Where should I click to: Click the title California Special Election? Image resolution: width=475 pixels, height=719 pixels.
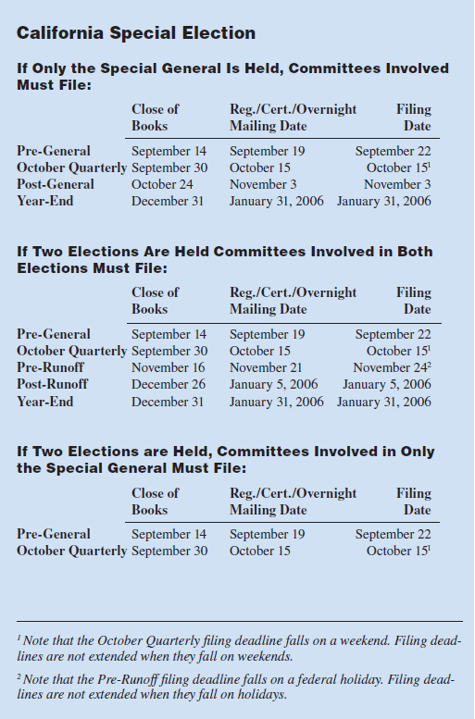(x=136, y=33)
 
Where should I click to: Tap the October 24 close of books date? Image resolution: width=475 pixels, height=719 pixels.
(x=162, y=184)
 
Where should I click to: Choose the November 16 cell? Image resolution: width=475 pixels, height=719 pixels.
(x=169, y=367)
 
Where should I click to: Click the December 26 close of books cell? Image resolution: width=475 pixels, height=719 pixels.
(x=169, y=384)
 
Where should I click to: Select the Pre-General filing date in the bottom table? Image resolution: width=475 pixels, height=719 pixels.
(x=393, y=534)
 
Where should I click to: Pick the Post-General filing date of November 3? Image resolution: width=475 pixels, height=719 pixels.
(x=397, y=184)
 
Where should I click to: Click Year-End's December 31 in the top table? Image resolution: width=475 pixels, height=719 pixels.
(x=168, y=201)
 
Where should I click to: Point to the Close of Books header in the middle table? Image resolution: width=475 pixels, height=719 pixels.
(x=155, y=301)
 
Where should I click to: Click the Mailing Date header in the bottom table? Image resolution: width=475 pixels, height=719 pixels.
(x=268, y=510)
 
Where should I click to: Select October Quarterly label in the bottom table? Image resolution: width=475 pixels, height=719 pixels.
(x=71, y=551)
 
